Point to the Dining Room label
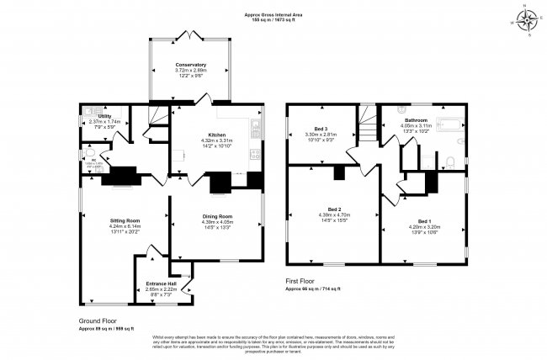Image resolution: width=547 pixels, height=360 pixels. (x=217, y=216)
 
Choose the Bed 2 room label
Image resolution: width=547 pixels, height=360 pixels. (x=334, y=209)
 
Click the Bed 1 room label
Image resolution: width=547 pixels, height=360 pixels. (x=419, y=220)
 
